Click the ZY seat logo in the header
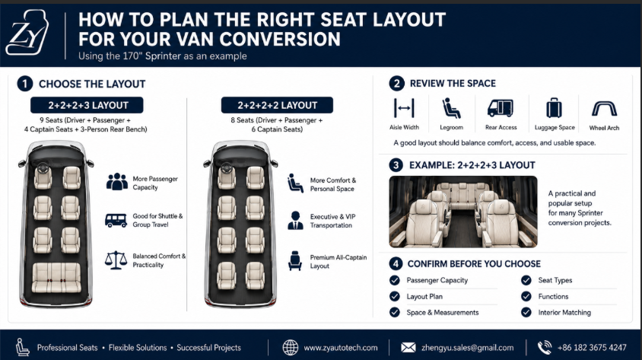(x=27, y=33)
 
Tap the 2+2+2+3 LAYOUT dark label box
(x=87, y=105)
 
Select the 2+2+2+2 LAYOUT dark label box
(x=277, y=105)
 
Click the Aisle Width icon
(x=404, y=108)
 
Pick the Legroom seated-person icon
(x=451, y=109)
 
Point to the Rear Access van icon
(x=501, y=108)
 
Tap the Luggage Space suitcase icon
(x=554, y=109)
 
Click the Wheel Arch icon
(x=604, y=109)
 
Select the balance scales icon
(x=116, y=260)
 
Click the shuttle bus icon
(x=116, y=221)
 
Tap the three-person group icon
(x=117, y=182)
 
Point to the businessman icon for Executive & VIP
(x=295, y=221)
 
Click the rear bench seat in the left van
(x=56, y=278)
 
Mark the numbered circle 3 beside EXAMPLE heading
(x=396, y=165)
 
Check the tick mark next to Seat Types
(x=526, y=280)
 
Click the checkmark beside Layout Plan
(x=395, y=297)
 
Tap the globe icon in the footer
(x=291, y=348)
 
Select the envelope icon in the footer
(x=408, y=348)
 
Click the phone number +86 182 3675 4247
(x=592, y=348)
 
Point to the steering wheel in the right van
(x=227, y=167)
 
